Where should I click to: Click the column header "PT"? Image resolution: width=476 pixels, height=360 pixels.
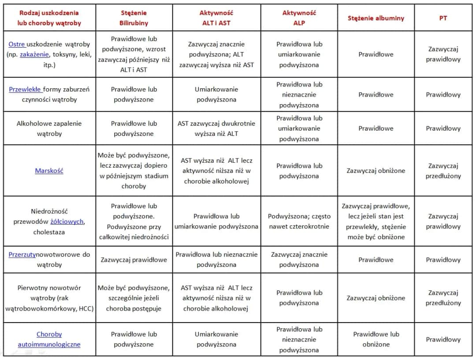[443, 19]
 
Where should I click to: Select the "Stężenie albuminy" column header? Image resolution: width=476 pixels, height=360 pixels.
[376, 19]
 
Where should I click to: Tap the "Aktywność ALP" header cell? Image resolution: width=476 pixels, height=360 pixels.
[299, 18]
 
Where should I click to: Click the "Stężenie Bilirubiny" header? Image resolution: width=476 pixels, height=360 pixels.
[134, 18]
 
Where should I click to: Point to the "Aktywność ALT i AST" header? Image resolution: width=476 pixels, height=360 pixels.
[216, 18]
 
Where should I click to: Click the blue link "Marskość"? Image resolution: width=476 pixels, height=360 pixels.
[49, 171]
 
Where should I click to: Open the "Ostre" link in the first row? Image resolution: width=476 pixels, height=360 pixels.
[17, 44]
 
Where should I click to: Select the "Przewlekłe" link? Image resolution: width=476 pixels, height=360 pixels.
[25, 89]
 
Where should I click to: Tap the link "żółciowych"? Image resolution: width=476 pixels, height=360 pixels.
[67, 221]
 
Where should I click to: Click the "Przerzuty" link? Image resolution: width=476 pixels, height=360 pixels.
[22, 255]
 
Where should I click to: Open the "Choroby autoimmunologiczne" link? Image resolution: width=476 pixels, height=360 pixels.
[49, 339]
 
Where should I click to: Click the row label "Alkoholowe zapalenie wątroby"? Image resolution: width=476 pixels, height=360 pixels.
[49, 128]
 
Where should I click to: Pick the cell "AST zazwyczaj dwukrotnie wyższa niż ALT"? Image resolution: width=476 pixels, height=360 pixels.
[216, 128]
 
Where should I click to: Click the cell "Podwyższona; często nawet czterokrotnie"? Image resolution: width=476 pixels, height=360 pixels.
[299, 221]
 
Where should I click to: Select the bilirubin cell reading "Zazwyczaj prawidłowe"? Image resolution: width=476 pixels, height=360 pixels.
[134, 260]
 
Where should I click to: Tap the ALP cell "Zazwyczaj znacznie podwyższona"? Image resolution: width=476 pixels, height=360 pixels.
[299, 259]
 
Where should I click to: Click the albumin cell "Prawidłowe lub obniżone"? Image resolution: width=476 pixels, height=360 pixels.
[376, 339]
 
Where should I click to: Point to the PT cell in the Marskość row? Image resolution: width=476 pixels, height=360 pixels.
[443, 171]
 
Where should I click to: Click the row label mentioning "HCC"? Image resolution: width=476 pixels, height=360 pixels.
[49, 298]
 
